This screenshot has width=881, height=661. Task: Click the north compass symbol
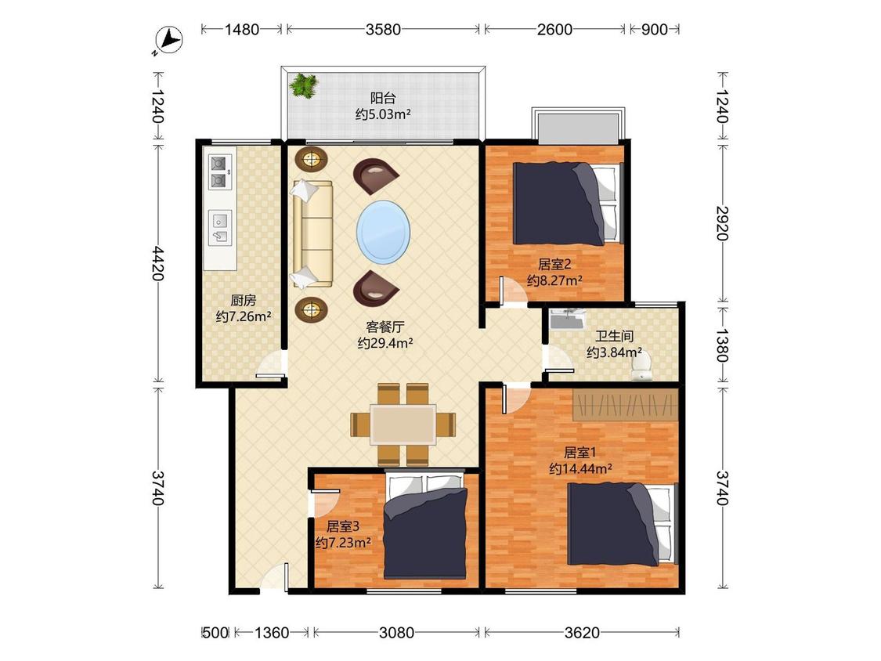pyautogui.click(x=169, y=41)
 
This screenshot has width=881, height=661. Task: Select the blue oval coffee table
pyautogui.click(x=383, y=232)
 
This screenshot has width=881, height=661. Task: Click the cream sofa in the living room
pyautogui.click(x=312, y=234)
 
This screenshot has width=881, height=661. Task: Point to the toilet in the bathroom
pyautogui.click(x=641, y=367)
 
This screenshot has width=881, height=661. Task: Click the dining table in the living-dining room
pyautogui.click(x=403, y=424)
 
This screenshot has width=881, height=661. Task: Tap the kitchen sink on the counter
pyautogui.click(x=220, y=228)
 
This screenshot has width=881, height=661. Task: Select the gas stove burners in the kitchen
pyautogui.click(x=220, y=172)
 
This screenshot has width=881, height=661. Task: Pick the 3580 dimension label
pyautogui.click(x=383, y=29)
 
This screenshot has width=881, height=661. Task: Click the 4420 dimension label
pyautogui.click(x=158, y=263)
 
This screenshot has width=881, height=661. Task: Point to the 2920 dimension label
pyautogui.click(x=723, y=223)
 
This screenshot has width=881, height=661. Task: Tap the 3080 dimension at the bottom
pyautogui.click(x=397, y=633)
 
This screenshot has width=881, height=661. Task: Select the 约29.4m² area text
pyautogui.click(x=385, y=343)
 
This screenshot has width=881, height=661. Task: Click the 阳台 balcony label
pyautogui.click(x=383, y=99)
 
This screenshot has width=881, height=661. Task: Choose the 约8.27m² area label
pyautogui.click(x=554, y=280)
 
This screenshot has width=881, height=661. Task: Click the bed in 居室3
pyautogui.click(x=425, y=526)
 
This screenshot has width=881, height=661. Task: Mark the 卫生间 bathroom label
pyautogui.click(x=615, y=336)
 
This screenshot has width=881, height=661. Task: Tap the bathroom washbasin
pyautogui.click(x=568, y=319)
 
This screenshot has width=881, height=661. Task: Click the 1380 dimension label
pyautogui.click(x=723, y=345)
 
